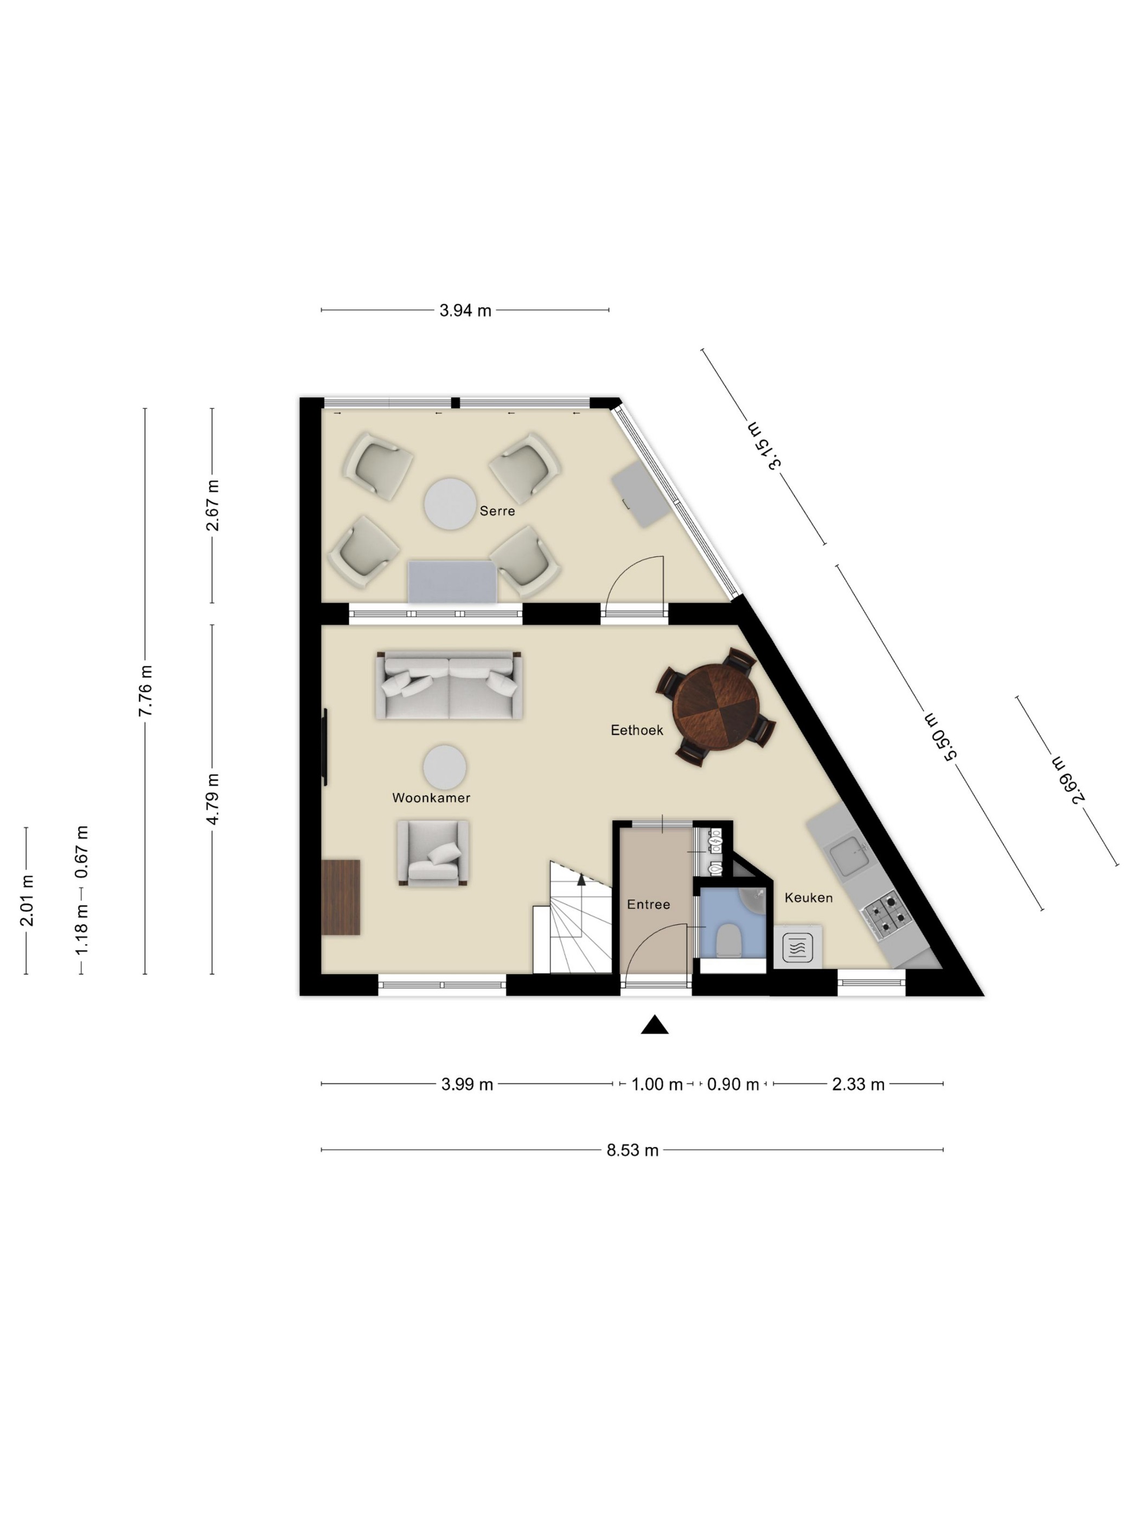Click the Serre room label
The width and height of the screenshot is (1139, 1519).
(497, 511)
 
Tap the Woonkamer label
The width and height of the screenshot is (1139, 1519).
(431, 797)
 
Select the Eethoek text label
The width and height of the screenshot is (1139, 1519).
(636, 730)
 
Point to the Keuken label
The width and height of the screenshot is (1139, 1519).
(808, 897)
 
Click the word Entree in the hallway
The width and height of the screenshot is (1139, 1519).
(648, 904)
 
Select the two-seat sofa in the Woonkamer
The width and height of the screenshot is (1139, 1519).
(449, 685)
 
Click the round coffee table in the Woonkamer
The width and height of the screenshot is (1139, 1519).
(444, 767)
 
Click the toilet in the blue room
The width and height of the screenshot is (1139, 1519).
(728, 940)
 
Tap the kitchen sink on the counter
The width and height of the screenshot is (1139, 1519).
(850, 855)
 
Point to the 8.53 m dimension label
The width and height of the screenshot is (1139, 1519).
(632, 1150)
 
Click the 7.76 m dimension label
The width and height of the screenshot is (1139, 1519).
(145, 691)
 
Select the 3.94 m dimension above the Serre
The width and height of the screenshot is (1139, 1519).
(465, 310)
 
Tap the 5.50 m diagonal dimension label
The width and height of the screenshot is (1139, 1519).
(941, 736)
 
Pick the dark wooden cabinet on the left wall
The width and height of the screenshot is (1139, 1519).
(341, 897)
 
